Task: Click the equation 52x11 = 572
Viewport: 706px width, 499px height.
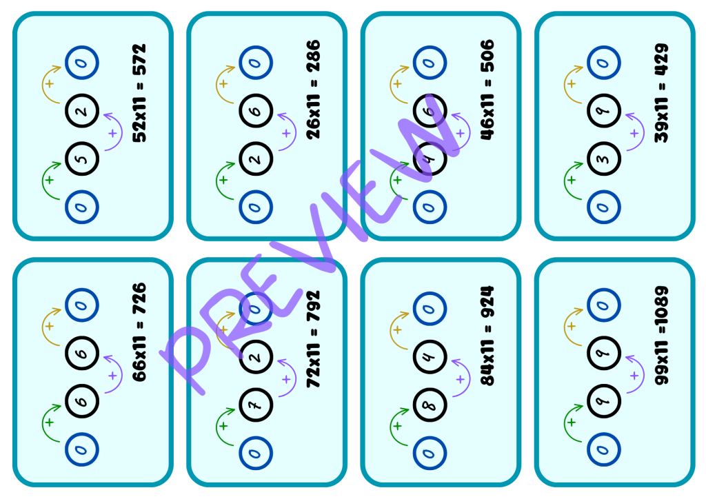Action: (139, 93)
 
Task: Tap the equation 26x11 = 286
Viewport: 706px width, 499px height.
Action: (314, 90)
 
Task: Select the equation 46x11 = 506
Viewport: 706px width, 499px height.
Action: (487, 90)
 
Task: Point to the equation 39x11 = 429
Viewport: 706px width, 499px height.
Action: (661, 93)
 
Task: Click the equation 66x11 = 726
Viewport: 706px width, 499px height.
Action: (139, 332)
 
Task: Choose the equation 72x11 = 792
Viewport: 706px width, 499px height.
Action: (314, 339)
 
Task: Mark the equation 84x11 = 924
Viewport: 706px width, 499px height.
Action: (487, 336)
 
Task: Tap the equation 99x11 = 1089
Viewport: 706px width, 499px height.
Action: (661, 336)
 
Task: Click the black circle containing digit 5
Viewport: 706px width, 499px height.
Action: (82, 159)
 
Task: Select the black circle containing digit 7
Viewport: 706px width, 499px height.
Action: (256, 405)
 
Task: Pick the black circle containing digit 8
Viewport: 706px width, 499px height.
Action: (430, 405)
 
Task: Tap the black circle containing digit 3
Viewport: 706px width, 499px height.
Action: (604, 159)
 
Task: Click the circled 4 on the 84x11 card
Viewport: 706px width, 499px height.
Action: (430, 356)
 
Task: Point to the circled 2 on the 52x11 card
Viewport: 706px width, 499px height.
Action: (82, 110)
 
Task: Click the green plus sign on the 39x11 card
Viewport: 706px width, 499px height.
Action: (572, 180)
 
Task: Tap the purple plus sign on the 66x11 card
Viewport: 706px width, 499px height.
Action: (112, 375)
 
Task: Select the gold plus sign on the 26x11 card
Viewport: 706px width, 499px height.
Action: (223, 83)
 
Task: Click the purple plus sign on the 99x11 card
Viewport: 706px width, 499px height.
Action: (634, 375)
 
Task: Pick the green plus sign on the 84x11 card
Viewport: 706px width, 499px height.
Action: (397, 426)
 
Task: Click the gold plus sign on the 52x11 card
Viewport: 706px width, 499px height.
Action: (50, 83)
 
